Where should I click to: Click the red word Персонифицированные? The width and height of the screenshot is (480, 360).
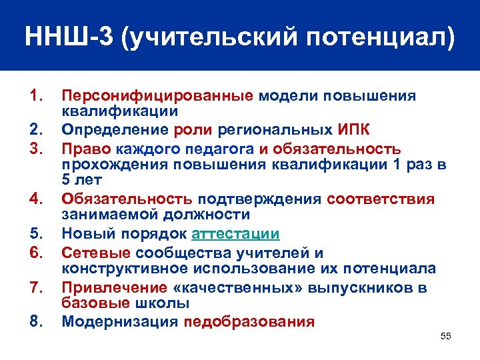tap(157, 96)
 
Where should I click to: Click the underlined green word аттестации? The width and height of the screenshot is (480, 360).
tap(235, 234)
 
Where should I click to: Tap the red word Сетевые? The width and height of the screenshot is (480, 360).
tap(96, 252)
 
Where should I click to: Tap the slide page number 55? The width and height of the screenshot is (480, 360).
tap(446, 336)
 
